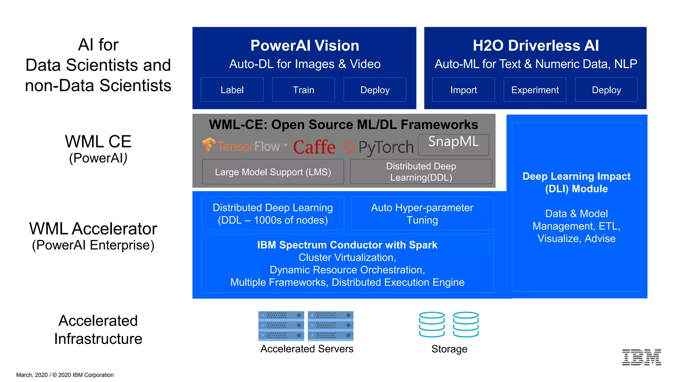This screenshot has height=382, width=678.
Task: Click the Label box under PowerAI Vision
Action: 232,90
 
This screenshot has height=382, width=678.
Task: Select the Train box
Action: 303,90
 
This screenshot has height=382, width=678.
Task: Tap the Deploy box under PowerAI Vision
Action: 375,90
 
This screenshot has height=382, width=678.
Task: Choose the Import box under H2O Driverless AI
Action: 463,90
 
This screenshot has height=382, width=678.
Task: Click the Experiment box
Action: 535,90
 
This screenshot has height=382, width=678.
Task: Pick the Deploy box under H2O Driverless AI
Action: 606,90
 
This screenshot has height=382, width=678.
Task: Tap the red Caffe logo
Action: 314,147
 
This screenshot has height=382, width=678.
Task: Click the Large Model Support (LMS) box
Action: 273,172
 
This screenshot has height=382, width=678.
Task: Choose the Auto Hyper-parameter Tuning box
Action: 422,214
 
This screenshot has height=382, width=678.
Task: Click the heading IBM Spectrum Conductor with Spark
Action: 347,245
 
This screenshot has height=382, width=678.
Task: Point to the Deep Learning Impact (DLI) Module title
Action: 576,182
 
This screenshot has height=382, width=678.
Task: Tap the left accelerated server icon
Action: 281,326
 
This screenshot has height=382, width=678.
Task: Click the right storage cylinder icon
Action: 466,325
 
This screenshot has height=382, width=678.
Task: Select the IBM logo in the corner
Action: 641,357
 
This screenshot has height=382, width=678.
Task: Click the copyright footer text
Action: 65,375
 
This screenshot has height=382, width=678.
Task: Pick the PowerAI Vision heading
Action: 305,45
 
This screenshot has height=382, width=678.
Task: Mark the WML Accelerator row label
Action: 93,229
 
